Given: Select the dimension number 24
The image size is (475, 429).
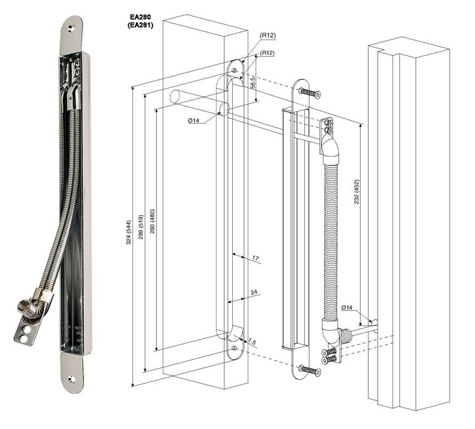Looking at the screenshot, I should [x=254, y=293].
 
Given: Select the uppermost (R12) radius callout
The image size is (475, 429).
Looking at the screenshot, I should [x=267, y=36].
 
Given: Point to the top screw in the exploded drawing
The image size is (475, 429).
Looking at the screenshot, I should [x=309, y=93].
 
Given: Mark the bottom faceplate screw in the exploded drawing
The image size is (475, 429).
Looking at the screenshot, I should [x=309, y=371].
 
